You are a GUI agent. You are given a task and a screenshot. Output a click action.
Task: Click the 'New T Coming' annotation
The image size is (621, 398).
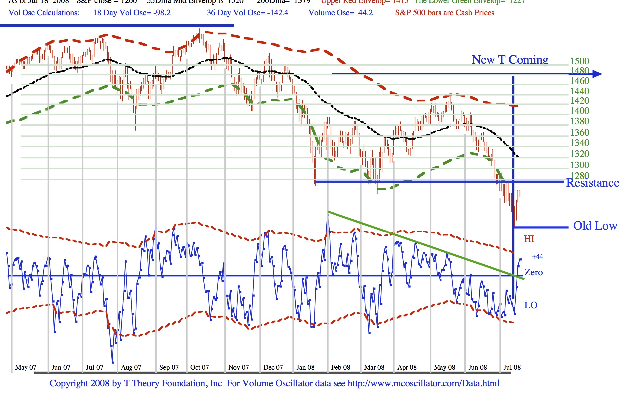point(510,60)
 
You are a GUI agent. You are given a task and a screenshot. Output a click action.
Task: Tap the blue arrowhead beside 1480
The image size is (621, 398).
point(597,74)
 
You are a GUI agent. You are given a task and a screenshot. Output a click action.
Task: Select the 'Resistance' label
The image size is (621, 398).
point(593,183)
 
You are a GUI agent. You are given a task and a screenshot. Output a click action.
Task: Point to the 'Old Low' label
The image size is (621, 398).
point(595,226)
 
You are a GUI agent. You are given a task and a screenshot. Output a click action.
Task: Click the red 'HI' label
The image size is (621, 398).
point(529,239)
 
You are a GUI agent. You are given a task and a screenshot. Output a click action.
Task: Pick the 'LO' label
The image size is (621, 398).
point(531,305)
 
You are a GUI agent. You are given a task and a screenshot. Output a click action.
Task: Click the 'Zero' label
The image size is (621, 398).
point(533,273)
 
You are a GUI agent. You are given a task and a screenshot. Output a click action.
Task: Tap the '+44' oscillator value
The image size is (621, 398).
point(537,256)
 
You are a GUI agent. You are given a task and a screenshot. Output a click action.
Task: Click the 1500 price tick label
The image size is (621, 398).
point(579,61)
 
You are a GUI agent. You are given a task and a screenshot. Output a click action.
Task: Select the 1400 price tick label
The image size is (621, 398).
point(579,111)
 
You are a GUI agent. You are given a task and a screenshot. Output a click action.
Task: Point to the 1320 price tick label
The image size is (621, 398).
point(579,154)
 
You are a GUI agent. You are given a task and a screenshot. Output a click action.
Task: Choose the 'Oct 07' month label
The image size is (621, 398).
point(200,367)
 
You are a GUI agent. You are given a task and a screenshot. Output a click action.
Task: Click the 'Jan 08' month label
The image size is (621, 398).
point(305,367)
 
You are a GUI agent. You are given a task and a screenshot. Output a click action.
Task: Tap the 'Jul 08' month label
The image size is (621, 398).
point(512,367)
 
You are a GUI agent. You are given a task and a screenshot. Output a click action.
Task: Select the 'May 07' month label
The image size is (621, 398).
point(26,367)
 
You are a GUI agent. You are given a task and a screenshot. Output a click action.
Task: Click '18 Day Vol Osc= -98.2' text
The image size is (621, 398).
point(132,13)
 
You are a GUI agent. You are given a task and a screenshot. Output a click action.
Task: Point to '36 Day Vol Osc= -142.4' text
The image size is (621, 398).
point(247,13)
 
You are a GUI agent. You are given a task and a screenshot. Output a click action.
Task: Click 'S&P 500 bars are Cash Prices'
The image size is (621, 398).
point(444,13)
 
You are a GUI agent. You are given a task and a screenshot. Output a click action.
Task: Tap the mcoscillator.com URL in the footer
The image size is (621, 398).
point(423,384)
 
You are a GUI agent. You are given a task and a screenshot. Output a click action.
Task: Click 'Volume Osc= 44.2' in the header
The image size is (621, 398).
point(340,13)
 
